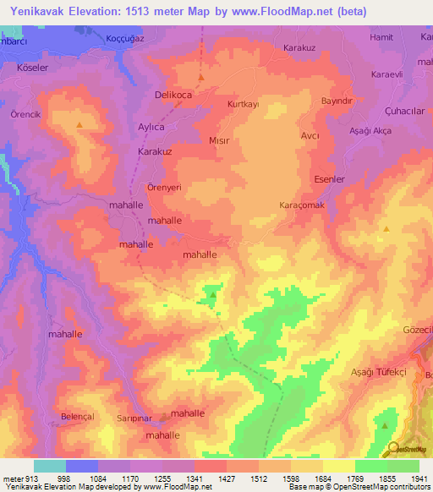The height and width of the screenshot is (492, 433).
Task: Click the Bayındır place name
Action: pos(336,101)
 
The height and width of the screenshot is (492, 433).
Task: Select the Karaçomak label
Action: pos(302,205)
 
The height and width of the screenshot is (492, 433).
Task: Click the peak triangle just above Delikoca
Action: pos(201,79)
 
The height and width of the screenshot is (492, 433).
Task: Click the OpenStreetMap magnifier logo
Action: pos(392,450)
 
